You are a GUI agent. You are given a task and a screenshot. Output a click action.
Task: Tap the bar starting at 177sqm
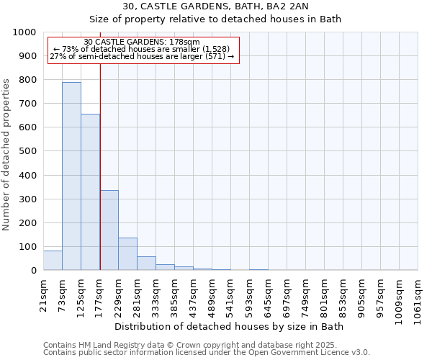[109, 230]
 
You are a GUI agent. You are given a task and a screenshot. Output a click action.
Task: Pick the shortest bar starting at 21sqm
[53, 261]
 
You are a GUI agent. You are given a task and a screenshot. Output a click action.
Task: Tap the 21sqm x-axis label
[43, 293]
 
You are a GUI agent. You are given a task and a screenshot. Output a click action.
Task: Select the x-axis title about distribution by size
[230, 327]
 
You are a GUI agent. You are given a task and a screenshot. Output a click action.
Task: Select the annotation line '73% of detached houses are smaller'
[142, 50]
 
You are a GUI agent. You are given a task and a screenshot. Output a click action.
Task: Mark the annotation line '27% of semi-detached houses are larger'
[142, 56]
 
